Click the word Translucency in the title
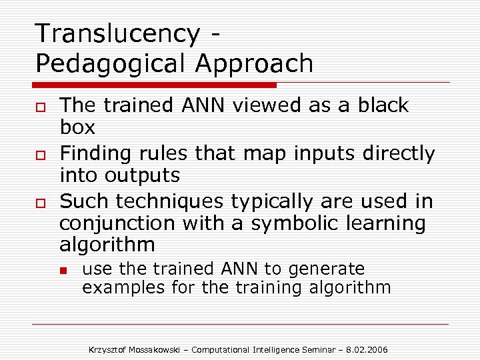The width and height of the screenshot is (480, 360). coord(117,33)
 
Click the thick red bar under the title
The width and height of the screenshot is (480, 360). coord(155,85)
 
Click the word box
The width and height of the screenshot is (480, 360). coord(77,127)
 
